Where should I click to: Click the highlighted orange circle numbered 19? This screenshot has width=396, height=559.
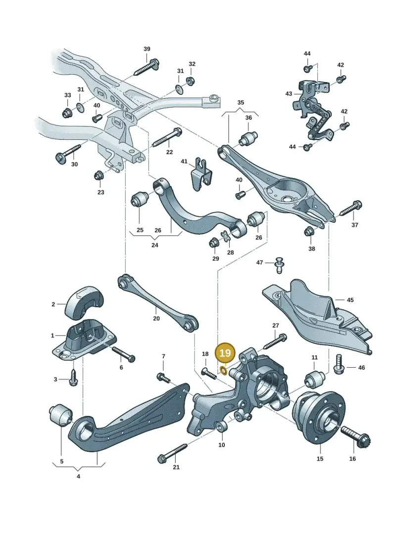pos(225,353)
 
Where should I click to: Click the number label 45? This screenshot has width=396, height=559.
pos(350,300)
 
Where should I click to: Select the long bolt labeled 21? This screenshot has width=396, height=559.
pos(172,452)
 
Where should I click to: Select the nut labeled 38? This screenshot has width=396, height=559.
pos(309,231)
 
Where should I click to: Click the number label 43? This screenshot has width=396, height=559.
pos(289,94)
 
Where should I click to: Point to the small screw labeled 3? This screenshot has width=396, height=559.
pos(74,378)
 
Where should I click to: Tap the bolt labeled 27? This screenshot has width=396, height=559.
pos(275,342)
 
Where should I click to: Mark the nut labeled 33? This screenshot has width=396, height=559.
pos(67,113)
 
